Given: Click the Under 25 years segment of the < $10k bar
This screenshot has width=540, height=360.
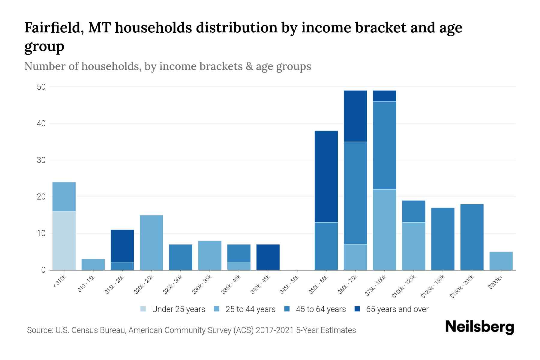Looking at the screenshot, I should (x=64, y=241).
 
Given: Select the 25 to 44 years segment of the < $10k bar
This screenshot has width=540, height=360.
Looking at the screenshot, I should (x=64, y=197).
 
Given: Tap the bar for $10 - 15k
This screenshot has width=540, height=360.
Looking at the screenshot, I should (x=93, y=265).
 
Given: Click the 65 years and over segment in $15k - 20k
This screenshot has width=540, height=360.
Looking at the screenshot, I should (x=122, y=246).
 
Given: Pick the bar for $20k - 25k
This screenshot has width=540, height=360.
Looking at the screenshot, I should (x=151, y=242).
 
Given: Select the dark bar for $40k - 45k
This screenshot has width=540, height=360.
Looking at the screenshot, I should (x=268, y=257).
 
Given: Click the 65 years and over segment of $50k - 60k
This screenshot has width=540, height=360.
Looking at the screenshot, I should (x=326, y=176).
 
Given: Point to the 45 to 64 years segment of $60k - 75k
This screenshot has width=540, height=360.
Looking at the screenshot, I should (x=355, y=193).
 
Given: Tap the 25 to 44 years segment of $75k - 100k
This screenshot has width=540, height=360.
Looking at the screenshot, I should (x=384, y=229).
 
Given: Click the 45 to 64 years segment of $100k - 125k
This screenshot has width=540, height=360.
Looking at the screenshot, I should (x=413, y=211).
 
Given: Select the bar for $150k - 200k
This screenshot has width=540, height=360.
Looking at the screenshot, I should (x=472, y=237).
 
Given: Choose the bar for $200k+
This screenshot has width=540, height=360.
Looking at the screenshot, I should (x=501, y=261).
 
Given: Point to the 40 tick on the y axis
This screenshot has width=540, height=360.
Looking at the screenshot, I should (x=41, y=124).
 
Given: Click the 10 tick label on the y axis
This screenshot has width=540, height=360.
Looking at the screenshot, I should (x=41, y=233).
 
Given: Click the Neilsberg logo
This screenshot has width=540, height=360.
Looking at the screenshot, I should (x=479, y=327).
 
